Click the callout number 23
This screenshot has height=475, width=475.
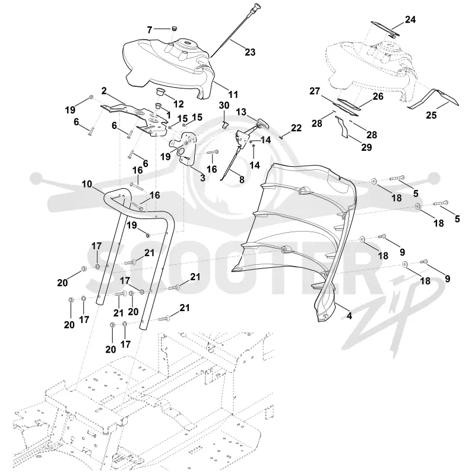tap(250, 52)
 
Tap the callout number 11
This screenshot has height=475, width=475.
tap(233, 94)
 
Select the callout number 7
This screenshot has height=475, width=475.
tap(150, 30)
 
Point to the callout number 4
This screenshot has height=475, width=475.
tap(349, 316)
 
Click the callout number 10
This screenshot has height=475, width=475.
tap(87, 184)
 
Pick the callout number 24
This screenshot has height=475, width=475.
tap(410, 20)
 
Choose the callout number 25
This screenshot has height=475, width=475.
tap(432, 115)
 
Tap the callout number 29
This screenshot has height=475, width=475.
tap(366, 147)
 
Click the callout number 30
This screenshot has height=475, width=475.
tap(224, 106)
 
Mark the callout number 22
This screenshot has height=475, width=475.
tap(296, 128)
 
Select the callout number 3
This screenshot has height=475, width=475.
tap(202, 177)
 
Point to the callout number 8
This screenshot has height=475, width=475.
tap(242, 179)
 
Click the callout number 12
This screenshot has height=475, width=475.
tap(179, 104)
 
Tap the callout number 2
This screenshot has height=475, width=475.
tap(104, 91)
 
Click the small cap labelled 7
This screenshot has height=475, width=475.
tap(174, 28)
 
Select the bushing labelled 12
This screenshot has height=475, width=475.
tap(160, 91)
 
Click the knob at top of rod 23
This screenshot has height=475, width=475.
tap(258, 6)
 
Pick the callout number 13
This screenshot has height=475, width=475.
tap(241, 112)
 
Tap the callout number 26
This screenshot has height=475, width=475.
tap(378, 96)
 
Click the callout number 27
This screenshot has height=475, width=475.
tap(315, 91)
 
